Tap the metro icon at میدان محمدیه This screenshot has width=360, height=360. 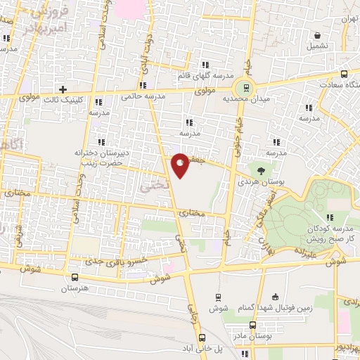tap(246, 88)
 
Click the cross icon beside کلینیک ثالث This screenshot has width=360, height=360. tap(63, 90)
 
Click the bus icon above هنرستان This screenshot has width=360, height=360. tap(75, 277)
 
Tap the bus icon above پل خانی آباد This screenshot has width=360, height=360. tap(200, 336)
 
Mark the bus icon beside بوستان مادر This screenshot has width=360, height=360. tap(252, 325)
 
